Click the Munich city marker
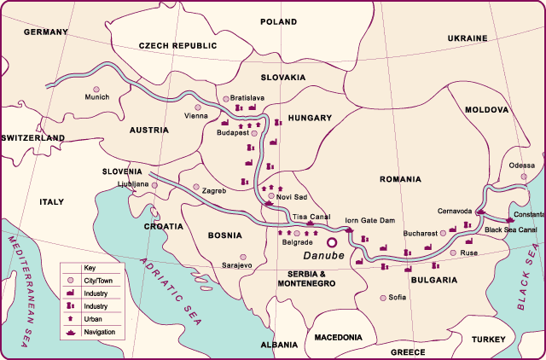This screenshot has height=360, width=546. [x=96, y=89]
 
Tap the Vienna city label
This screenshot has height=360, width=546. [x=196, y=116]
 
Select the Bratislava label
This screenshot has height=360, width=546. [x=247, y=98]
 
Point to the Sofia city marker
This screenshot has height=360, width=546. [x=381, y=298]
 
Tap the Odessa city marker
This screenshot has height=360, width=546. [x=524, y=177]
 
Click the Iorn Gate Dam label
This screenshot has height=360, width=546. [x=369, y=220]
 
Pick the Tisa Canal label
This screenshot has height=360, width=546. [x=311, y=217]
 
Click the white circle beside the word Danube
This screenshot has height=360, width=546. [x=332, y=241]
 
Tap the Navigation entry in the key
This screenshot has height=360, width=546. [x=100, y=331]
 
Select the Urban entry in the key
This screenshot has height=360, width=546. [x=93, y=318]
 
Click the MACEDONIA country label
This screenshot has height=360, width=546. [x=338, y=337]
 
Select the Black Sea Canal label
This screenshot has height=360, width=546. [x=510, y=229]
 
